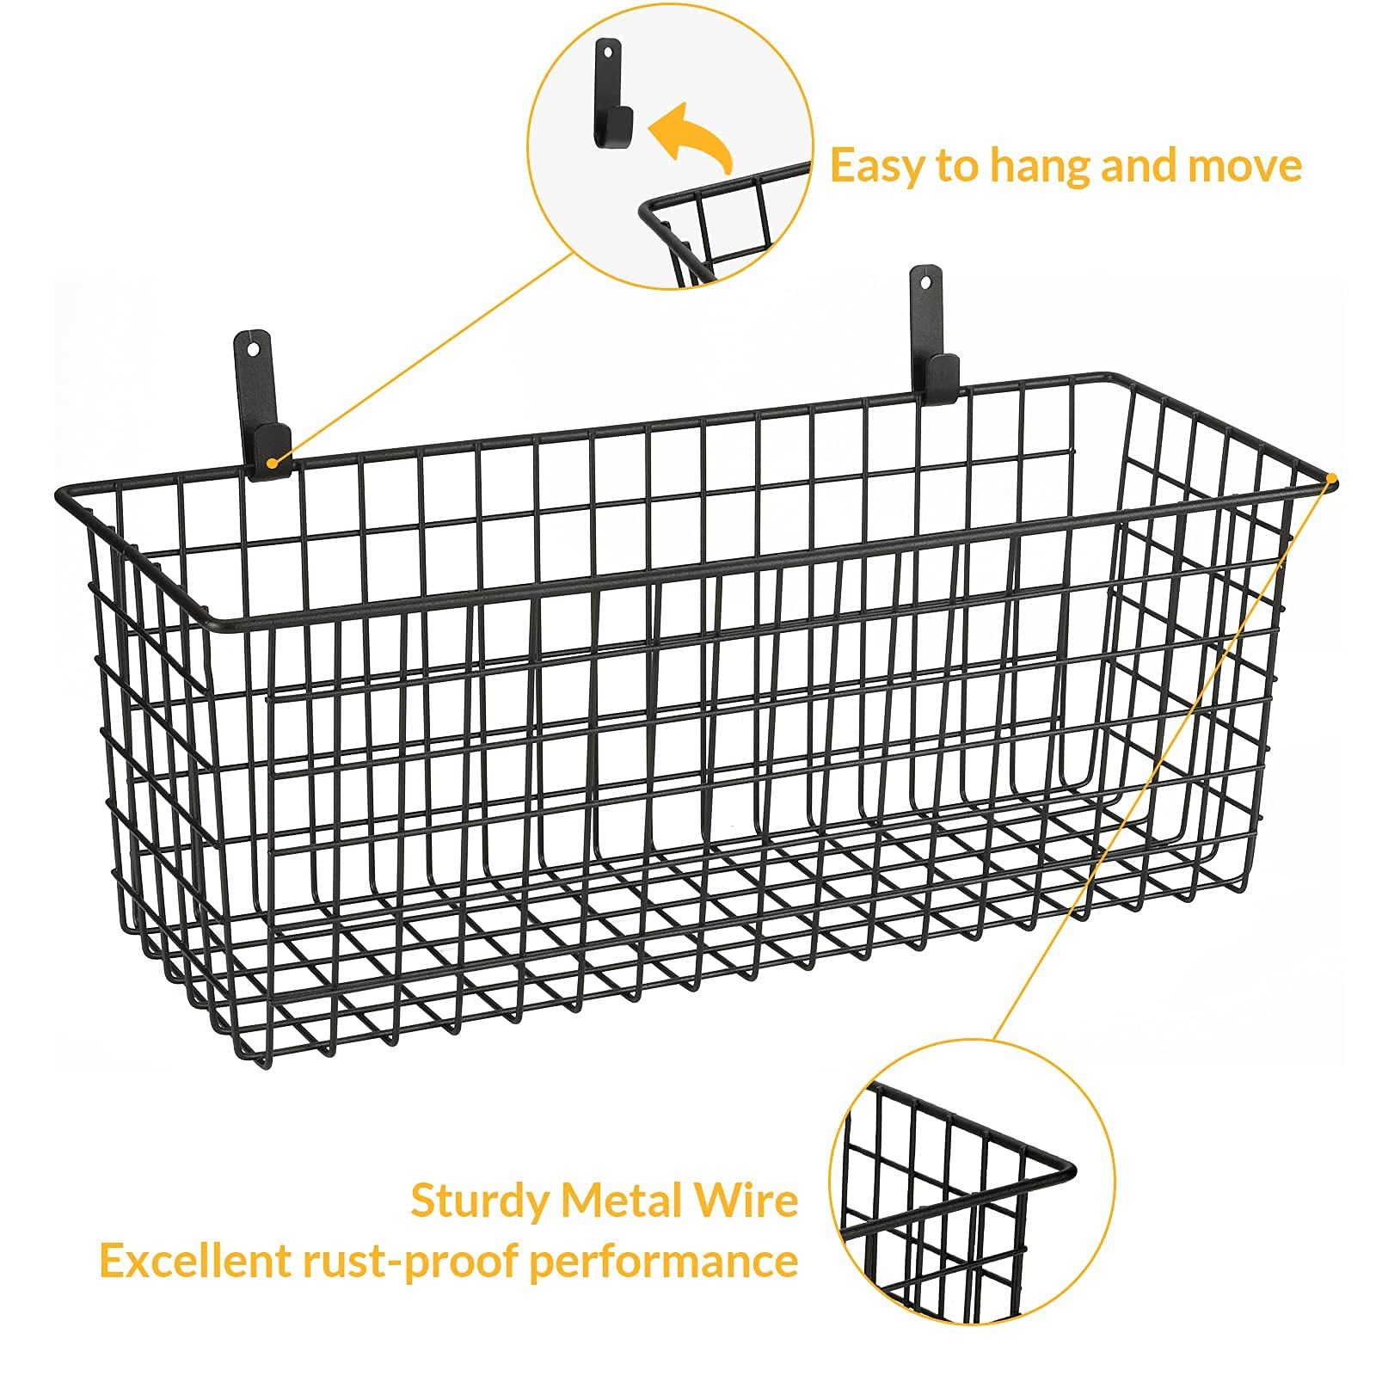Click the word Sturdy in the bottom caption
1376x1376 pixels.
(479, 1201)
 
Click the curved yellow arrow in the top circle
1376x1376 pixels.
(690, 138)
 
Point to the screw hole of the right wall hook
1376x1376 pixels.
(925, 281)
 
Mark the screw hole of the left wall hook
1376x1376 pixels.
(252, 348)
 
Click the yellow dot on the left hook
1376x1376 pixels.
(272, 463)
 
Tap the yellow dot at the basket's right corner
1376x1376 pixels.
(1331, 478)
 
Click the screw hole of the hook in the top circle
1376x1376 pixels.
(607, 52)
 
